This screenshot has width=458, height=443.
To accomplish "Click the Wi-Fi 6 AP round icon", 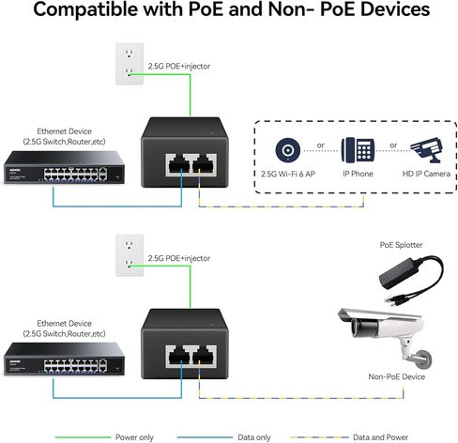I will coord(287,150).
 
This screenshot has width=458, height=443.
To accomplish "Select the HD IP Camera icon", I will coord(423,150).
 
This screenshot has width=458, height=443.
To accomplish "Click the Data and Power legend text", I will coord(383,435).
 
